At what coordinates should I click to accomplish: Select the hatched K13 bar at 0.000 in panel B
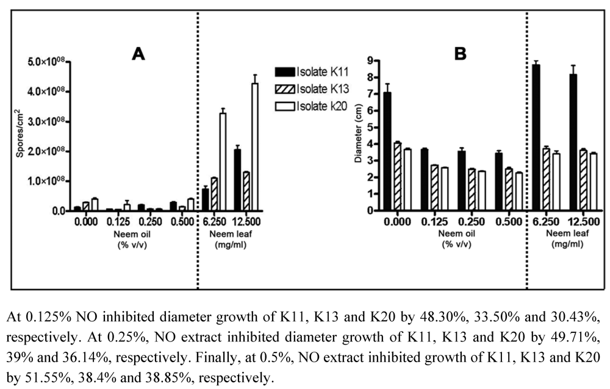397,176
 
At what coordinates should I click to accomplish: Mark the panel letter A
138,54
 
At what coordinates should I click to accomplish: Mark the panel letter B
460,54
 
